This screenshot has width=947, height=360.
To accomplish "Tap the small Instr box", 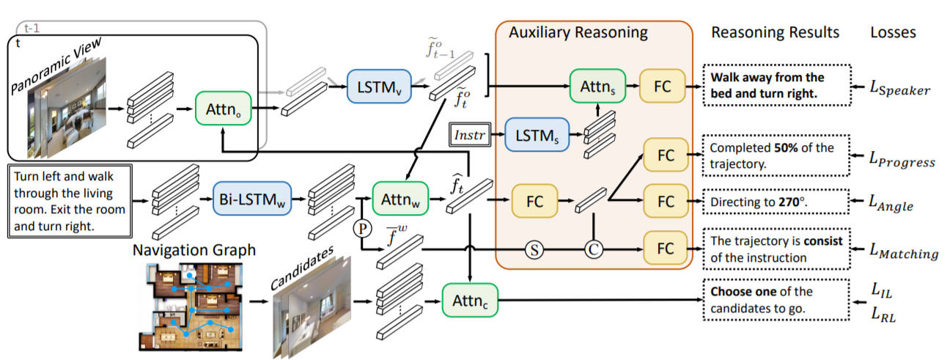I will tap(471, 135).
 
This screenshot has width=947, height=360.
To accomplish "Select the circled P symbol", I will tap(362, 227).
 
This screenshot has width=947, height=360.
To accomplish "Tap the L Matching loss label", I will tap(903, 253).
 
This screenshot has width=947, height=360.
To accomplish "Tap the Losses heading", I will tap(893, 32).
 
